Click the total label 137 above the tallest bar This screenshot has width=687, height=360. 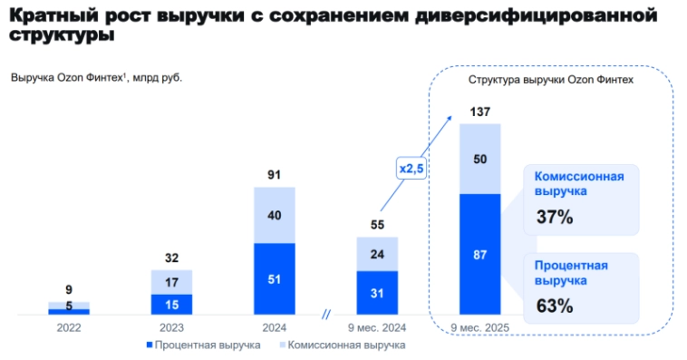479,112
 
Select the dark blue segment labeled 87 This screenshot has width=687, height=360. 479,255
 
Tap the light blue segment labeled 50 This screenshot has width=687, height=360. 479,160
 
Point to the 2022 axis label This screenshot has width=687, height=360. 69,328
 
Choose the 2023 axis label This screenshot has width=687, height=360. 171,328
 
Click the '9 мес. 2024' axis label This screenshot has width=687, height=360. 377,328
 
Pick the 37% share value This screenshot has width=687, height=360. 554,218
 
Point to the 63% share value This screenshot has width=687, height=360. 554,306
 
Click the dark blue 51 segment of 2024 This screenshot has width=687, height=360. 275,279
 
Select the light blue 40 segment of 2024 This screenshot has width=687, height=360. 275,216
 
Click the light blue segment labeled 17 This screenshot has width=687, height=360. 171,282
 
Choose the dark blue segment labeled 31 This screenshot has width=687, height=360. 377,292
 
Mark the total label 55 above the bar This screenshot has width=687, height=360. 377,225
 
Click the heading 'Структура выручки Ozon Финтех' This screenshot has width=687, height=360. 550,80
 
